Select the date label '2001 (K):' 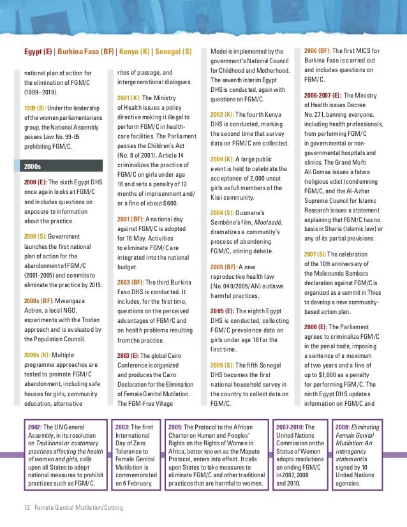[x=129, y=98]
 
